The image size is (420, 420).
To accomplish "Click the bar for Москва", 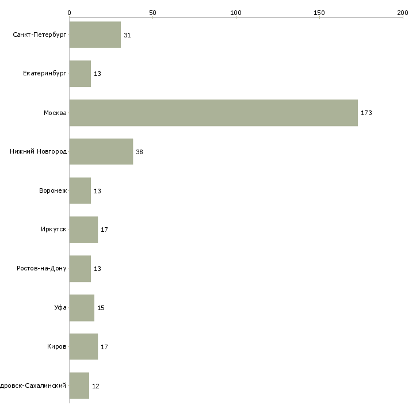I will coord(213,113).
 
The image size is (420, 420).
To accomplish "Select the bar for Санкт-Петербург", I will coord(95,35).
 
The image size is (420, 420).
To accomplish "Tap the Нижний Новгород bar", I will coord(101,152).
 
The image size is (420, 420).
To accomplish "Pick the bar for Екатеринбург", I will coord(80,74).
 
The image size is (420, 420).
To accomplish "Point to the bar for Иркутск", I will coord(83,230).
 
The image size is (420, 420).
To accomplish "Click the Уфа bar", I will coord(82,308).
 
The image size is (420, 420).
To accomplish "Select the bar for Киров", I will coord(83,347).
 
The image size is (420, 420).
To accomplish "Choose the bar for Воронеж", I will coord(80,191).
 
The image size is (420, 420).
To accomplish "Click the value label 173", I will coord(366,113).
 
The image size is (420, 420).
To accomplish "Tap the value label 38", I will coord(140,152).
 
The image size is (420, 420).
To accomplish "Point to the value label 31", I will coord(127,35).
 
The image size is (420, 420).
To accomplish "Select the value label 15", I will coord(101,308).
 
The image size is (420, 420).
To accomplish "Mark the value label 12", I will coord(96,386).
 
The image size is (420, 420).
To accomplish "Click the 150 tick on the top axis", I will coord(319,12).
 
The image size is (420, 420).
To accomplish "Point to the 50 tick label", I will coord(152,12).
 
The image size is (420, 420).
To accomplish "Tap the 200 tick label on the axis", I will coord(403,12).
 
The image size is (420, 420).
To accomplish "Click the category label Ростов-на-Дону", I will coord(42,269).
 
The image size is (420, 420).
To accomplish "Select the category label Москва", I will coord(55,113).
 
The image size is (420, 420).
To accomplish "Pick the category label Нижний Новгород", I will coord(39,152).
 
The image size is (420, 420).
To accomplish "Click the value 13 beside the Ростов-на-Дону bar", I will coord(97,269).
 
